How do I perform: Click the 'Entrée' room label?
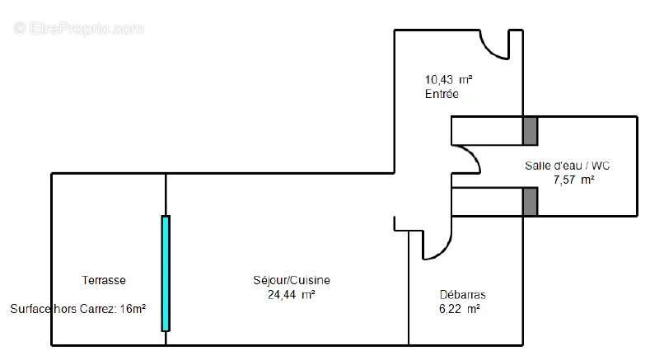(442, 95)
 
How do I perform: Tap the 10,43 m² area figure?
(448, 80)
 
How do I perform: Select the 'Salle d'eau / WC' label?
(567, 165)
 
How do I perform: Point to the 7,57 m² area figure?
(573, 180)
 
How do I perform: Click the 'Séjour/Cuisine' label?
(292, 280)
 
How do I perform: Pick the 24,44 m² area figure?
(292, 294)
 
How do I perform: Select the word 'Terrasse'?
(104, 280)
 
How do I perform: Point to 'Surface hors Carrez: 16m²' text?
(78, 309)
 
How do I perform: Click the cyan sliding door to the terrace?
(166, 273)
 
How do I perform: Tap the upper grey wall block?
(530, 129)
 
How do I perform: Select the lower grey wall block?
(530, 201)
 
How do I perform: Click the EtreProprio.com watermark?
(79, 28)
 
